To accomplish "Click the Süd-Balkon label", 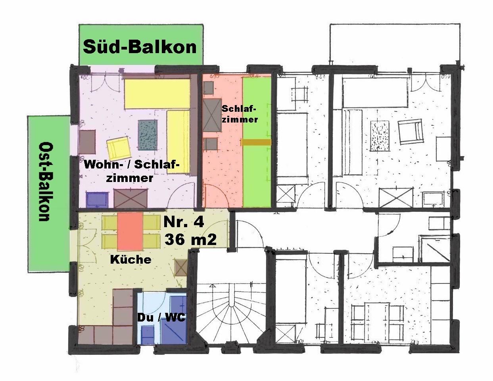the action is click(140, 47).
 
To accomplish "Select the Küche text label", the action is click(130, 259).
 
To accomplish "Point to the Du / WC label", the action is click(161, 318).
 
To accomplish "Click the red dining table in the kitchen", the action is click(130, 231).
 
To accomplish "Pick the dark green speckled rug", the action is click(148, 135).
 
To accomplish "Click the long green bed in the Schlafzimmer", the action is click(257, 142).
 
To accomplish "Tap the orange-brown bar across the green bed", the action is click(256, 142).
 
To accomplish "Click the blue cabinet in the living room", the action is click(97, 200).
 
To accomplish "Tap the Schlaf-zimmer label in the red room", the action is click(240, 114).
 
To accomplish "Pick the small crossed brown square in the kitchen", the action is click(181, 268).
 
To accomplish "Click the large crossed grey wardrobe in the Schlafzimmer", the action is click(212, 115).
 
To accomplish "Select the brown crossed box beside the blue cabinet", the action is click(130, 199).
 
